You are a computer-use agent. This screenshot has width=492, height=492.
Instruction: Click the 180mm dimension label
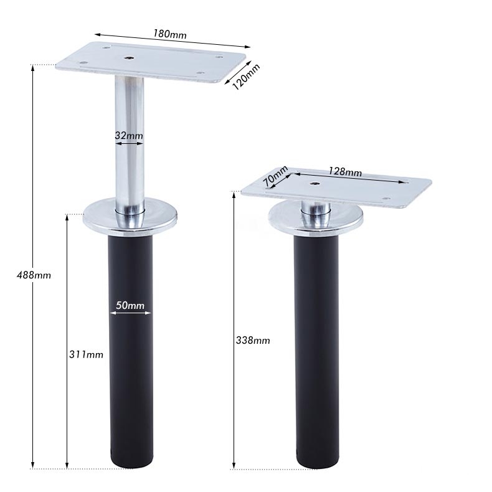(170, 34)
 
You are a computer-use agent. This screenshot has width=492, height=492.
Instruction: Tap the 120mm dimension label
(247, 77)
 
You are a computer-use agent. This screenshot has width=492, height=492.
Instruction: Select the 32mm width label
(129, 136)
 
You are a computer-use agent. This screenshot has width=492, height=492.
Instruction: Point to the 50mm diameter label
(130, 305)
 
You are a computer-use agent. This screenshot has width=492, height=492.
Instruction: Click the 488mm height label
(34, 275)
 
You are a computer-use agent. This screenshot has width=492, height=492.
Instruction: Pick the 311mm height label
(86, 354)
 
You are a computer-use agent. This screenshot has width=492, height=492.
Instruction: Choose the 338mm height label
(253, 341)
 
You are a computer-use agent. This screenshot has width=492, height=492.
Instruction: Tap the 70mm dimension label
(275, 176)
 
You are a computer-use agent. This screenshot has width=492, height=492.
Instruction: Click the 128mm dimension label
(345, 172)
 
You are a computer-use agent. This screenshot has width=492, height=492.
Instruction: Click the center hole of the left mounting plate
(128, 58)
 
